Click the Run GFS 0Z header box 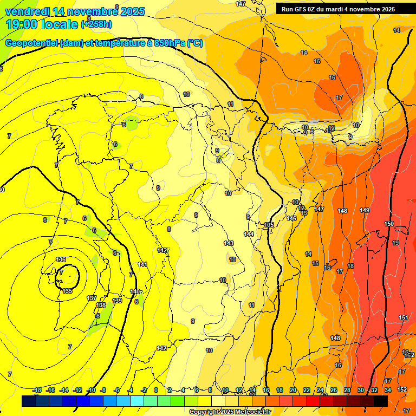click(x=338, y=9)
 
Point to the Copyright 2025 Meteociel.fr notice click(x=229, y=412)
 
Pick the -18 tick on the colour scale click(x=37, y=390)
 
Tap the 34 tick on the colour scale click(x=388, y=390)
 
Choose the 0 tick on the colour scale click(x=156, y=390)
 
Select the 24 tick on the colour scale click(x=320, y=390)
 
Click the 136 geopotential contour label click(x=61, y=260)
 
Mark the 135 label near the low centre click(x=67, y=291)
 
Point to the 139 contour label click(x=117, y=301)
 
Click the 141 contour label click(x=142, y=264)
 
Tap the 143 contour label click(x=229, y=243)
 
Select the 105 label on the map click(x=269, y=225)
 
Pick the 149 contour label click(x=365, y=210)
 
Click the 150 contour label click(x=389, y=224)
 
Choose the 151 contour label click(x=404, y=317)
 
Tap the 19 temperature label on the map click(x=395, y=243)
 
